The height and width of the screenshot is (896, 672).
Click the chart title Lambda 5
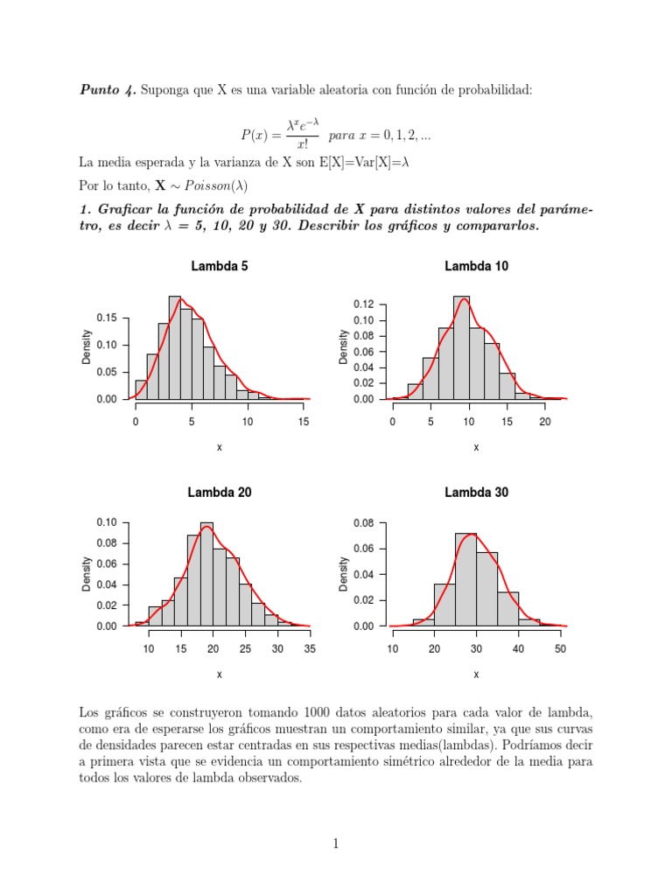pos(219,266)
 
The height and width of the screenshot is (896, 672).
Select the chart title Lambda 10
pos(476,266)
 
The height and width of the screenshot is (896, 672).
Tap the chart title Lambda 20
pos(219,493)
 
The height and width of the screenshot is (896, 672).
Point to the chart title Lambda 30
pos(476,493)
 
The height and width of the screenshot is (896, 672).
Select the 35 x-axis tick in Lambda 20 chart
pos(310,648)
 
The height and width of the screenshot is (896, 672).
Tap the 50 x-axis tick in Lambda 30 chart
pos(561,648)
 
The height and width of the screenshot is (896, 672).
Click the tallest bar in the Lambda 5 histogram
pos(174,348)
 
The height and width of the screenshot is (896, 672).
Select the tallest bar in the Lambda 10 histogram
pos(461,348)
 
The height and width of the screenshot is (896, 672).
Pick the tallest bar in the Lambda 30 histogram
pos(465,579)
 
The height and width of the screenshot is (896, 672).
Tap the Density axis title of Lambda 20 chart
pos(87,575)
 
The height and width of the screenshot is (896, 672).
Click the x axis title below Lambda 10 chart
pos(476,447)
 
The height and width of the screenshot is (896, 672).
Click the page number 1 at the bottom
pos(335,843)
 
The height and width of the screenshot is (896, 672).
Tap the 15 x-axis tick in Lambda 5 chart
pos(304,421)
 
